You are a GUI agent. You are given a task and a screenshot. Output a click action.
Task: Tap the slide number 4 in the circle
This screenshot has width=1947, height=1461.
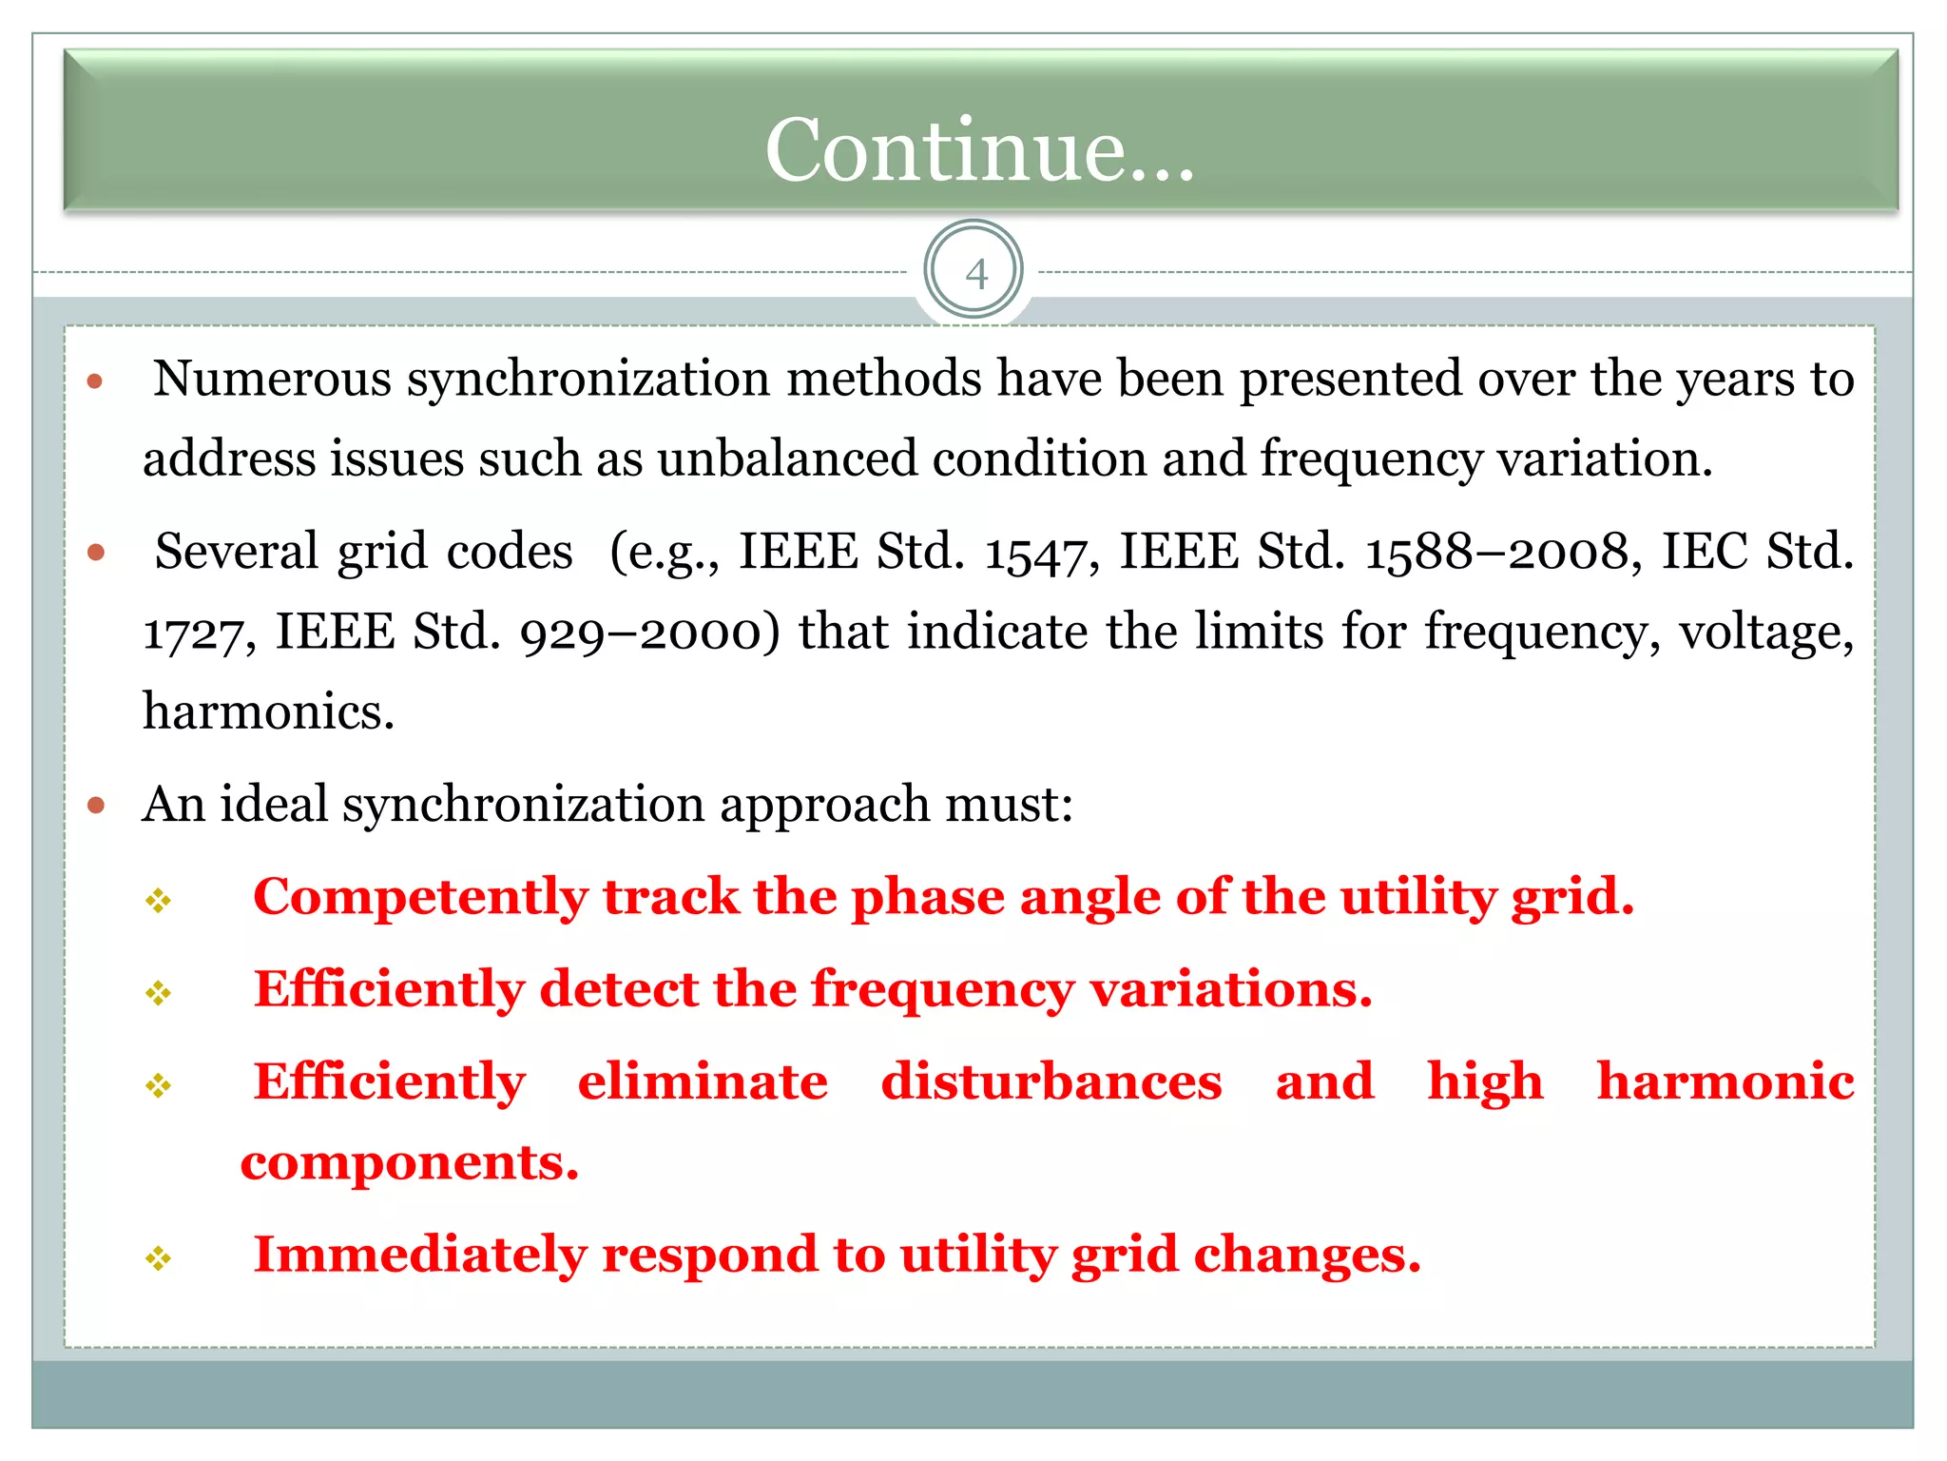(x=975, y=274)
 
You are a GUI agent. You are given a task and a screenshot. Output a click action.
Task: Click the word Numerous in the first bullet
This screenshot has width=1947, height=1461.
(x=273, y=380)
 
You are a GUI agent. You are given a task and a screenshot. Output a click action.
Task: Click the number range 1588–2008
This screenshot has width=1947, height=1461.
(x=1496, y=553)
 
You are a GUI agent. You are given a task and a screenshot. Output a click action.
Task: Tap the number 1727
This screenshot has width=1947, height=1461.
(x=193, y=633)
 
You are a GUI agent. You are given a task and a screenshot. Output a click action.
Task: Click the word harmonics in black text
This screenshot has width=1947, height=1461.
(x=268, y=712)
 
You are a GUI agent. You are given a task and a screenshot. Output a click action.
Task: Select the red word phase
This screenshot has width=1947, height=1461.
(x=927, y=897)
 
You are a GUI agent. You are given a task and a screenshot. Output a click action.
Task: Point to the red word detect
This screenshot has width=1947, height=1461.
(x=619, y=989)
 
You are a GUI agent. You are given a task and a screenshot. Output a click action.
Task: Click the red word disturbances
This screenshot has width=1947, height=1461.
(x=1051, y=1082)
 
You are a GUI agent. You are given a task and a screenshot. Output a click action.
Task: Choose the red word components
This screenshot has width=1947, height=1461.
(x=409, y=1163)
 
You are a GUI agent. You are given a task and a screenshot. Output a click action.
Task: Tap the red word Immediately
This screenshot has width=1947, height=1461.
(x=419, y=1255)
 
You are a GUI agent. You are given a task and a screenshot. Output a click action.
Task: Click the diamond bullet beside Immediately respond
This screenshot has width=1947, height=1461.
(x=158, y=1259)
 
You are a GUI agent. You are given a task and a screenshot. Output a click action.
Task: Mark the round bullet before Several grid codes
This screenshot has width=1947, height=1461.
(x=95, y=552)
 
